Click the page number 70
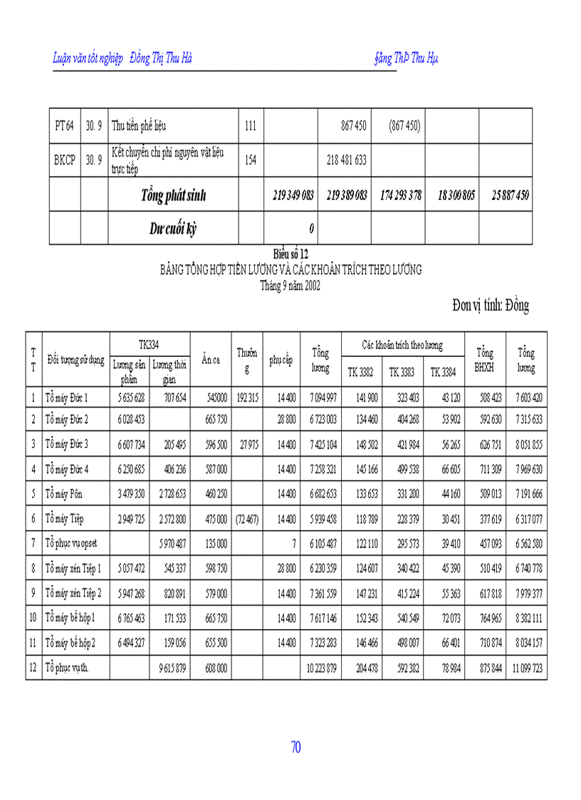tap(295, 747)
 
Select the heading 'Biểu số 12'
tap(290, 254)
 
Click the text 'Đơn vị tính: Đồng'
tap(491, 306)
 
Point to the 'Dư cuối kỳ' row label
tap(173, 229)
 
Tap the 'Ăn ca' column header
tap(210, 360)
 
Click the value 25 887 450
tap(510, 195)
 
